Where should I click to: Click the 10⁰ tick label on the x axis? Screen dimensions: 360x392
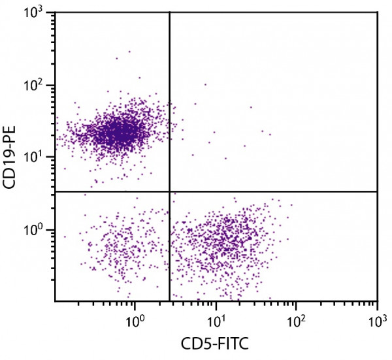[x=135, y=321]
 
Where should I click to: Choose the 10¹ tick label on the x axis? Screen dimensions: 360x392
[x=216, y=321]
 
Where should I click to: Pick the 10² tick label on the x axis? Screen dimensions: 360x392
[x=297, y=321]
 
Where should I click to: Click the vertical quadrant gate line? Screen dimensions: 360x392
[x=170, y=98]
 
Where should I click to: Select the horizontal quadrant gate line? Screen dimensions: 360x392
[x=274, y=191]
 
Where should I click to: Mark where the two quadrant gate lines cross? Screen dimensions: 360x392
[x=170, y=191]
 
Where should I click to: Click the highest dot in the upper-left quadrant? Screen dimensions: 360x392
[x=129, y=51]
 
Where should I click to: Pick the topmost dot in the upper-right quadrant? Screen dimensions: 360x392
[x=205, y=84]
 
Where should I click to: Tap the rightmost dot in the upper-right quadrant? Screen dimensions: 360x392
[x=270, y=135]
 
